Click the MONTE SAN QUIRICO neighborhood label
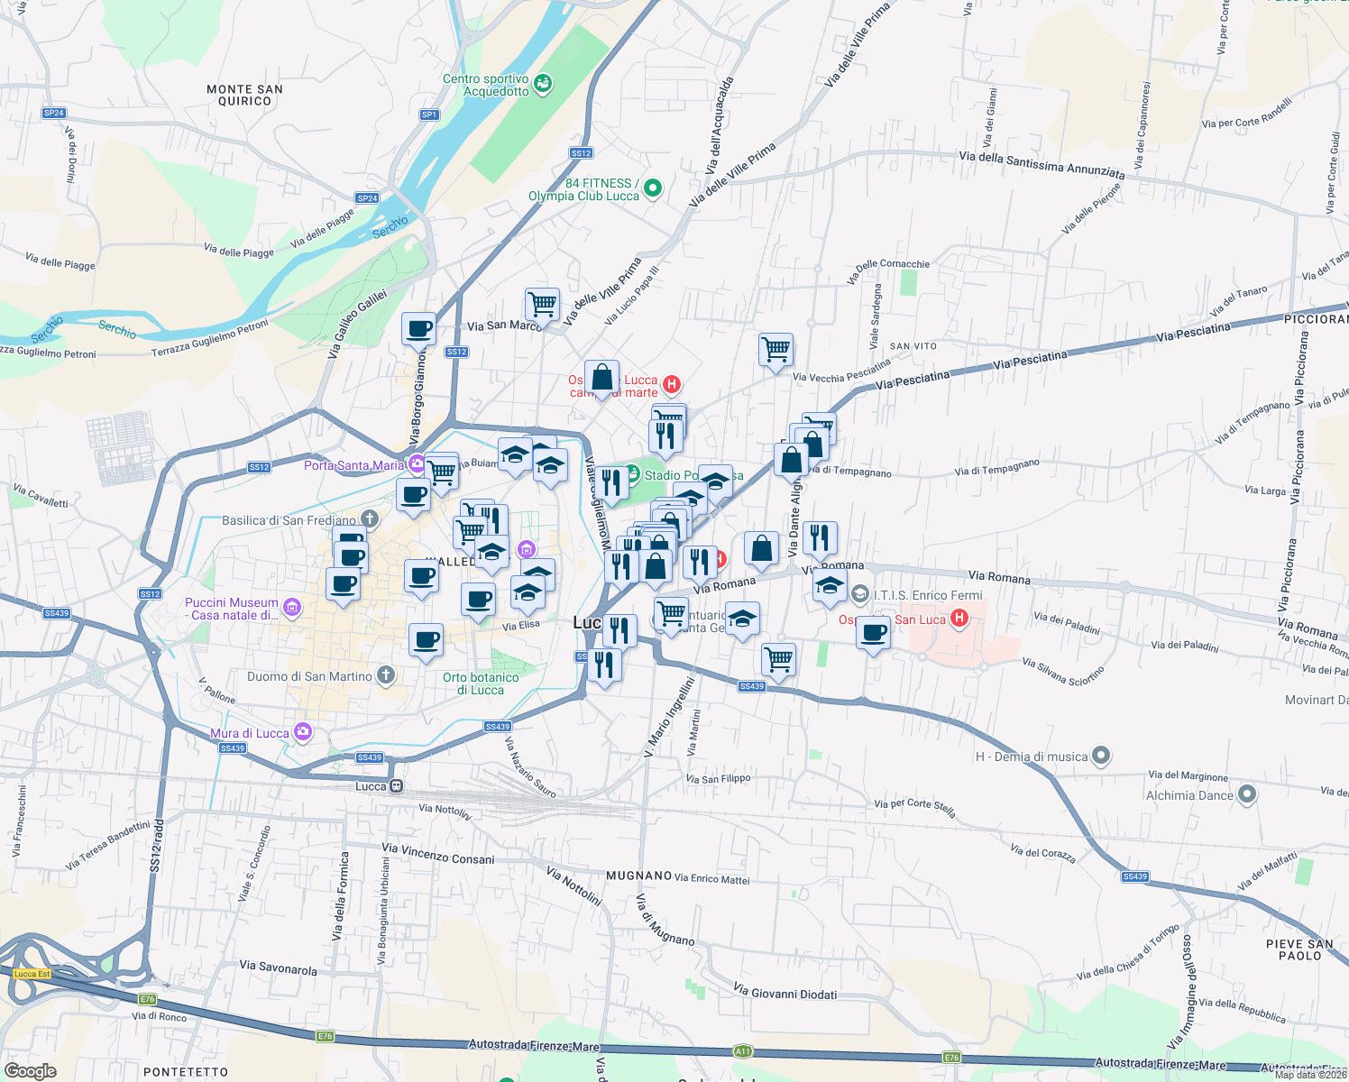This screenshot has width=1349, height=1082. coord(244,95)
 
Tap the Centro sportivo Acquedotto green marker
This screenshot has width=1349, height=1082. coord(543,84)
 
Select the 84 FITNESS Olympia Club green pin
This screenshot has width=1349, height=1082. coord(653,188)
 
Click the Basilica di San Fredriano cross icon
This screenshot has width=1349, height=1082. coord(370,518)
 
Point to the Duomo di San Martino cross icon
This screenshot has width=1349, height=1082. coord(386,674)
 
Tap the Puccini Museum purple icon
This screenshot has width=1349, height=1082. coord(291,608)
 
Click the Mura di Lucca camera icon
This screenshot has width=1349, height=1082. coord(304,731)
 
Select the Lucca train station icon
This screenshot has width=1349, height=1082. coord(396,786)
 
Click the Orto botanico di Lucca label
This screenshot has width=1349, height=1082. coord(481,683)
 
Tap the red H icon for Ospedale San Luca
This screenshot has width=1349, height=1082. coord(959,619)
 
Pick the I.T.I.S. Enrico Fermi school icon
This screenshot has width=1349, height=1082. coord(860,594)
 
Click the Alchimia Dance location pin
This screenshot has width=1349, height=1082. coord(1246,794)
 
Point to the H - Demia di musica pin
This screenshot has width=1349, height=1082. coord(1101,756)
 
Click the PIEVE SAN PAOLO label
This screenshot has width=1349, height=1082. coord(1299,949)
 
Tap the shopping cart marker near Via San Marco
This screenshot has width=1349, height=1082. coord(542,304)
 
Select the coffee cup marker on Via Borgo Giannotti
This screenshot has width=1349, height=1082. coord(418,327)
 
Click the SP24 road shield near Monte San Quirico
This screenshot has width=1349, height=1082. coord(54,113)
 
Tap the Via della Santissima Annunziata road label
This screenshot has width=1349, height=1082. coord(1042,163)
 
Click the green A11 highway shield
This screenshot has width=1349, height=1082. coord(742,1050)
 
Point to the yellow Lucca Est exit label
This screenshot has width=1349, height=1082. coord(32,973)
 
